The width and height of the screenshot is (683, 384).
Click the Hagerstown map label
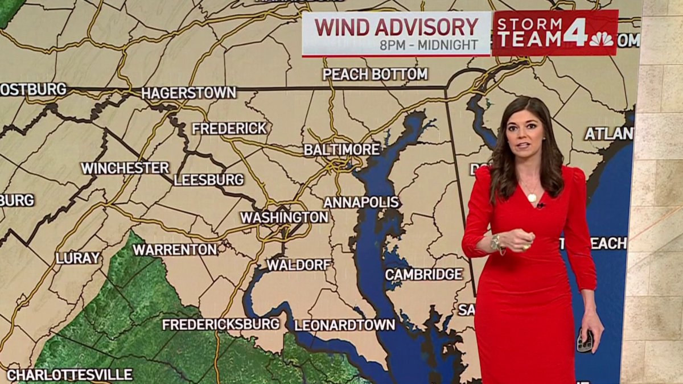(188, 93)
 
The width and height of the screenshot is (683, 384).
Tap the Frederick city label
(229, 129)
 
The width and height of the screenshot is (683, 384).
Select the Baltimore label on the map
(341, 150)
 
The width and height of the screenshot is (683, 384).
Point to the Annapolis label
(361, 203)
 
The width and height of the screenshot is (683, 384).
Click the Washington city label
(284, 217)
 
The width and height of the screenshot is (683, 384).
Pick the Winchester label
(125, 168)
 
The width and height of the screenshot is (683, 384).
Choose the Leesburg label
(208, 180)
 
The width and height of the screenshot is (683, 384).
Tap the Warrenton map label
(175, 250)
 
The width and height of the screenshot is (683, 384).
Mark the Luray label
(78, 258)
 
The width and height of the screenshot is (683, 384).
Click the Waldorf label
(299, 265)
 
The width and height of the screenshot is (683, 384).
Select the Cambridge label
(424, 274)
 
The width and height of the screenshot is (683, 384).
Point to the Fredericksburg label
(221, 324)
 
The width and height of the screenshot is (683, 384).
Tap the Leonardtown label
(344, 325)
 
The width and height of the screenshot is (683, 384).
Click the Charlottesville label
(69, 375)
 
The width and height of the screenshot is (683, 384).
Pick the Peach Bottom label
(375, 74)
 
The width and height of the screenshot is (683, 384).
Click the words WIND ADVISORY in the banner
(396, 27)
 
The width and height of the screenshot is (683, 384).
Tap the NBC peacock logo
(601, 39)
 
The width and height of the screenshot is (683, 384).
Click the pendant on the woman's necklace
(532, 198)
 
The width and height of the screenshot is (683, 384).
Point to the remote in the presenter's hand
(585, 341)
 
